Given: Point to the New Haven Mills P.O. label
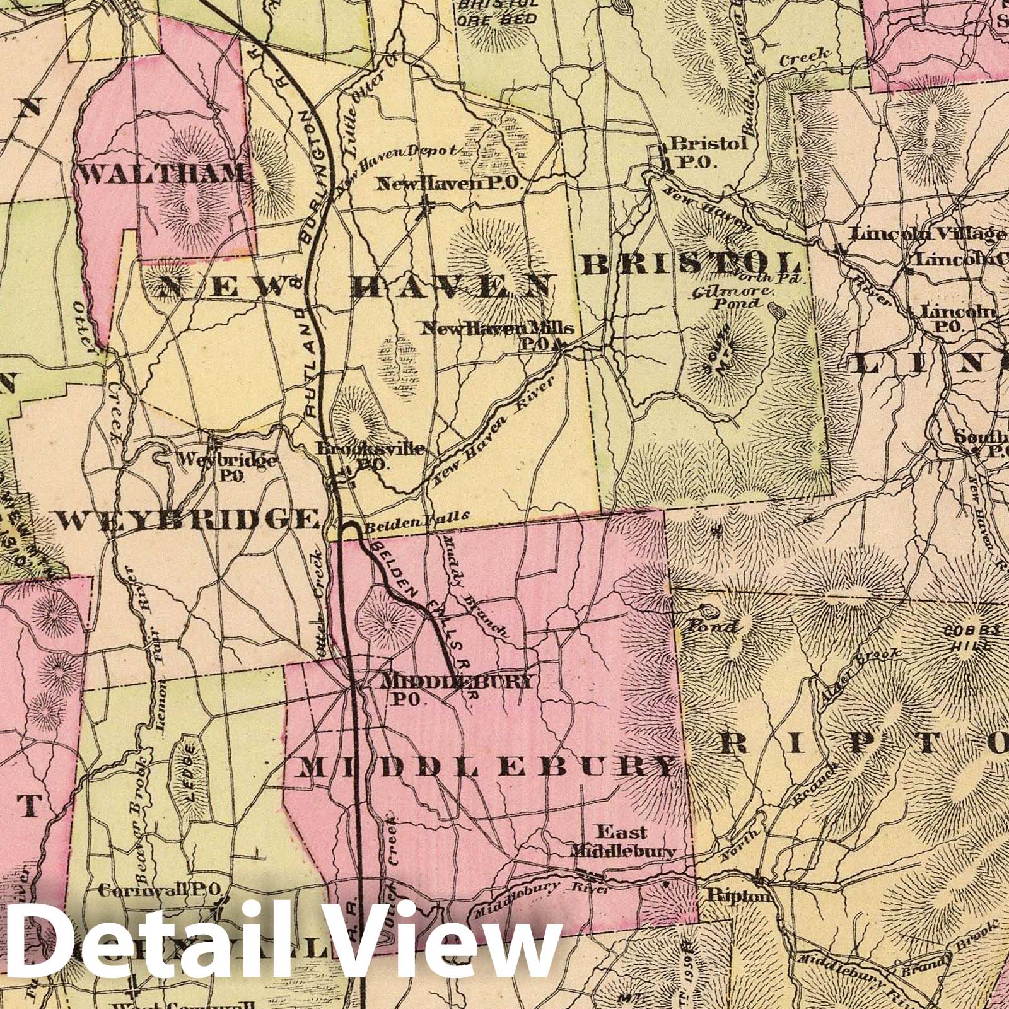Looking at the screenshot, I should click(x=498, y=333).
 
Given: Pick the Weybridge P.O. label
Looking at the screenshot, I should click(x=227, y=465).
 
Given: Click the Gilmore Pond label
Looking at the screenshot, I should click(x=732, y=297).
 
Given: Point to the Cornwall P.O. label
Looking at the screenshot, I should click(x=159, y=889).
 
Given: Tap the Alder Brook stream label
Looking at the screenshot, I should click(x=860, y=676).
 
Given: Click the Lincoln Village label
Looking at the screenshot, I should click(x=926, y=234).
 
